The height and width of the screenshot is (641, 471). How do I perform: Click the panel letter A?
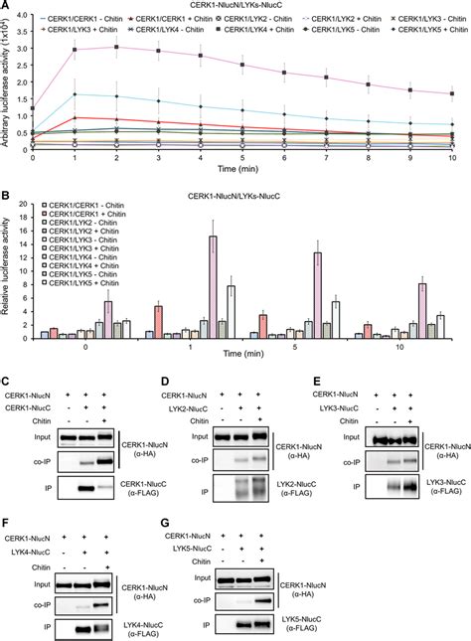click(x=7, y=7)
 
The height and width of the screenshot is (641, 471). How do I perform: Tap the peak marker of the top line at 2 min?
click(x=117, y=47)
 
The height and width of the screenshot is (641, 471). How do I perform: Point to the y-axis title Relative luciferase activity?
click(x=8, y=267)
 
